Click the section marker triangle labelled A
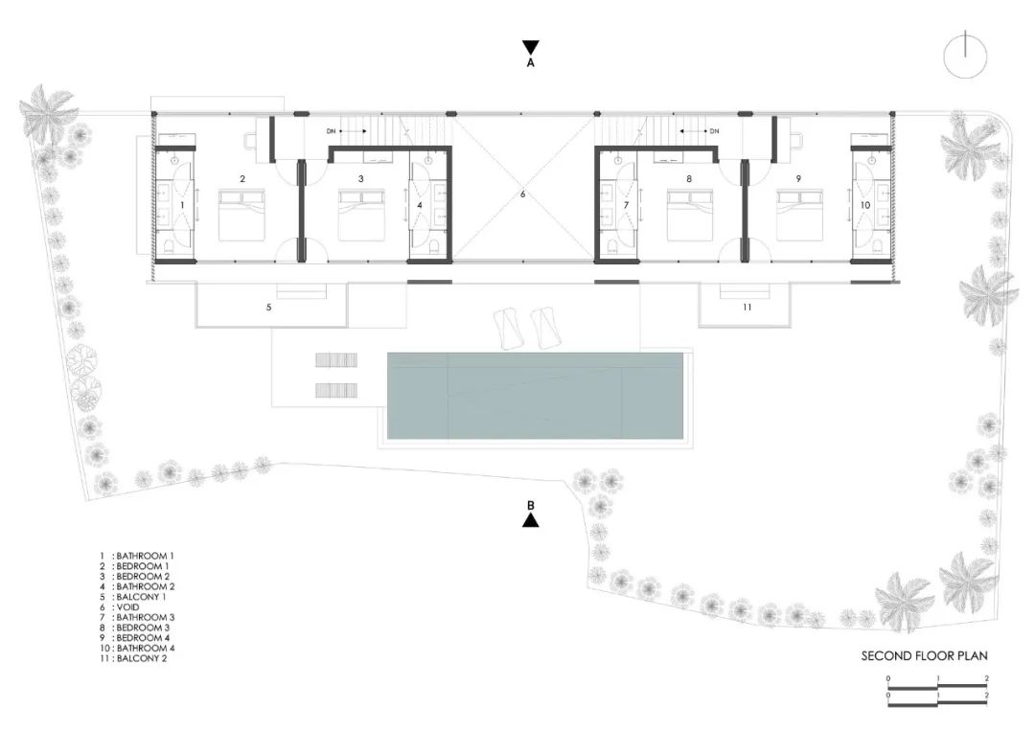click(530, 47)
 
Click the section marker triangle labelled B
click(530, 520)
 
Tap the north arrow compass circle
click(965, 56)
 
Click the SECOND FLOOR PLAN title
click(924, 656)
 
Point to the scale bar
click(937, 693)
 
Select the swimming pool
click(536, 395)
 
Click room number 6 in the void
click(523, 194)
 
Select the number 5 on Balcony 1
click(269, 308)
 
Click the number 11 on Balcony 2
click(747, 308)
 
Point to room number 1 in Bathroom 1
click(181, 205)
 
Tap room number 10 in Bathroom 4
click(865, 205)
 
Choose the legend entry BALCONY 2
click(141, 658)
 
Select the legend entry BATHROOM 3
click(143, 617)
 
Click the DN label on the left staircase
click(332, 131)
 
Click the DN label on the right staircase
click(714, 131)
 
